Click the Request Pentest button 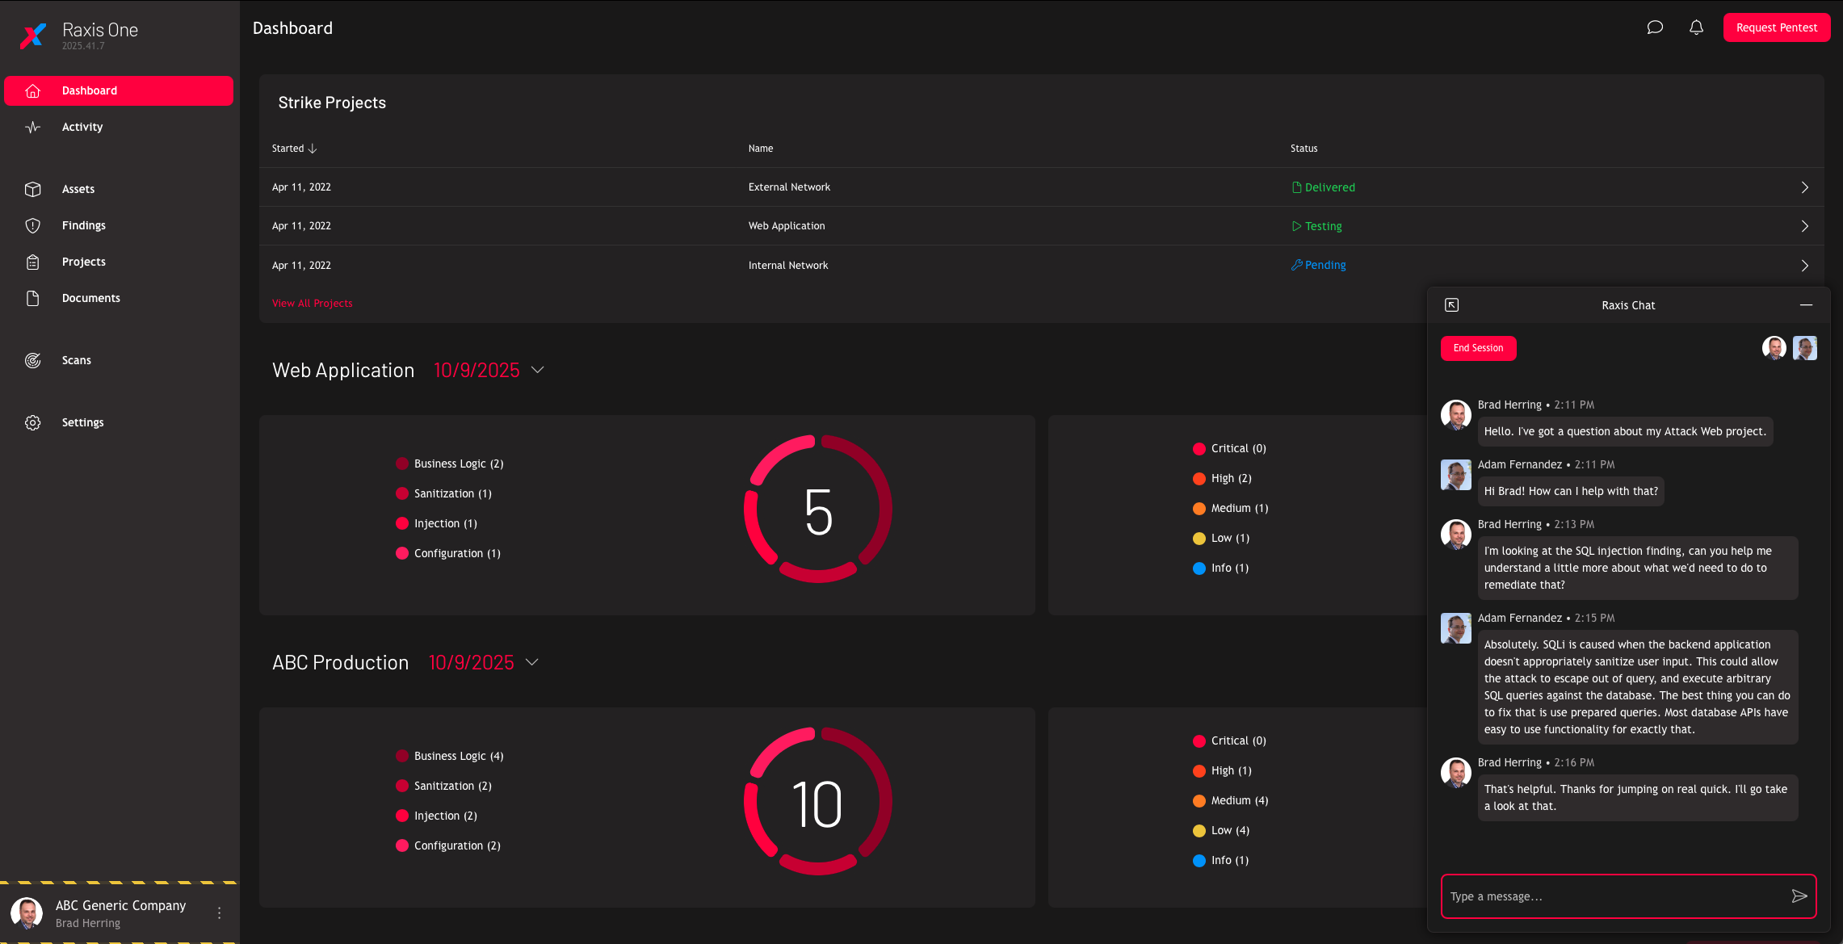(1776, 27)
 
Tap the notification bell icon (1696, 27)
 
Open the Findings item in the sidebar (84, 225)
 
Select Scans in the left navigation (77, 360)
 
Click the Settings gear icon (32, 422)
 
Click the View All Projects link (312, 303)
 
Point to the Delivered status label (1329, 187)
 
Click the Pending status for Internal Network (1325, 265)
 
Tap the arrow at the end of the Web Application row (1804, 226)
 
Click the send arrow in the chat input (1799, 896)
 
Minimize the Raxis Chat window (1806, 305)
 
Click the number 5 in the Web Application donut (818, 511)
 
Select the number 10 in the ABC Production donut (817, 804)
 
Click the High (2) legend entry (1231, 478)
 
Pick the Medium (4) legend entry (1239, 800)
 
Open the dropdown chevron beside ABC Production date (532, 662)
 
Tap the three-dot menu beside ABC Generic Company (219, 913)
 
